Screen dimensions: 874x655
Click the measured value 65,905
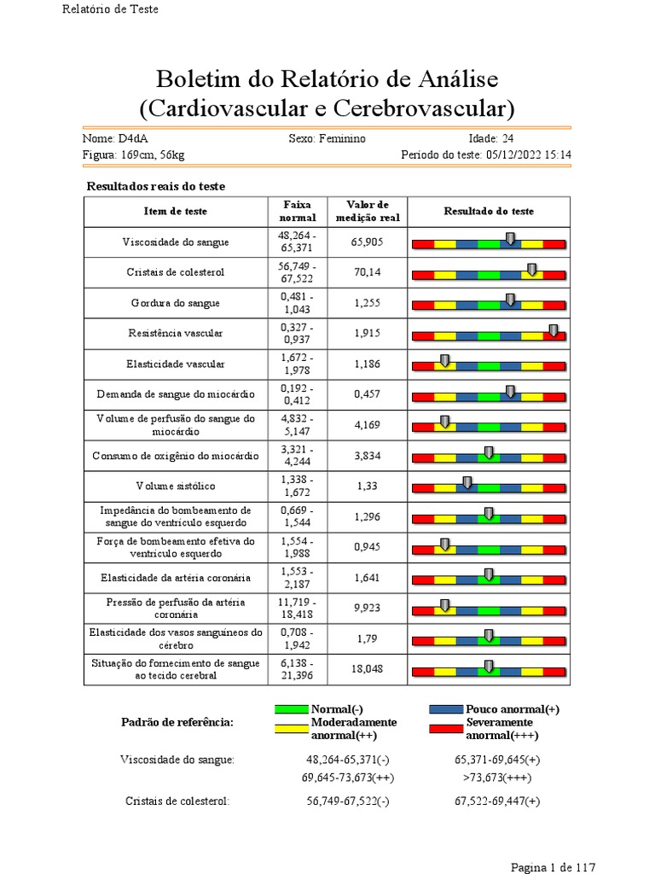point(368,242)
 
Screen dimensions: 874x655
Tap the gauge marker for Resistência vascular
point(554,331)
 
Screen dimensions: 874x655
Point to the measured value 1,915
point(368,334)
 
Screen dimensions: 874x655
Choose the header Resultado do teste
point(489,212)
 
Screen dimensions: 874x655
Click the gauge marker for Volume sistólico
point(467,483)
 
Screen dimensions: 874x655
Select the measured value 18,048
point(368,669)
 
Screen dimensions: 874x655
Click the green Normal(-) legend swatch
point(293,709)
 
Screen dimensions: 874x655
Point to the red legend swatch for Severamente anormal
point(447,729)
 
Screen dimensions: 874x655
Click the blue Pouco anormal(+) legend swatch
point(447,709)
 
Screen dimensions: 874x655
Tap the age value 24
point(508,138)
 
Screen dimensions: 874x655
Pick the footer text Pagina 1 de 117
point(553,867)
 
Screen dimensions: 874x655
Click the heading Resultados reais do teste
point(156,186)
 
